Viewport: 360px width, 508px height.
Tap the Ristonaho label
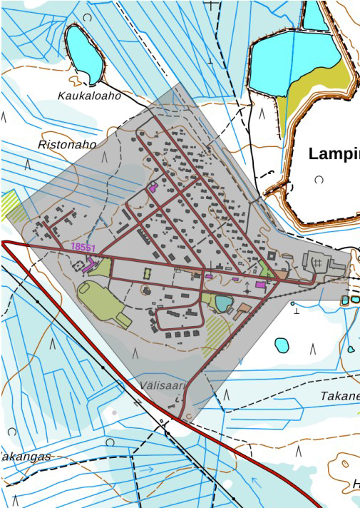tap(66, 144)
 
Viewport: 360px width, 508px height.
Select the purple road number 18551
tap(83, 247)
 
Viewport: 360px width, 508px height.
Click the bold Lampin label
tap(334, 153)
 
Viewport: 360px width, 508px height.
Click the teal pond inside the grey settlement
tap(224, 304)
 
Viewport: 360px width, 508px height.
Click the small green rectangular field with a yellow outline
tap(148, 274)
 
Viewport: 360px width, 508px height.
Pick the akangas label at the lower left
tap(26, 457)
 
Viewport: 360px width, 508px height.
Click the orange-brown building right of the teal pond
tap(243, 310)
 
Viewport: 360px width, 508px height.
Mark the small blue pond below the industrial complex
tap(282, 345)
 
